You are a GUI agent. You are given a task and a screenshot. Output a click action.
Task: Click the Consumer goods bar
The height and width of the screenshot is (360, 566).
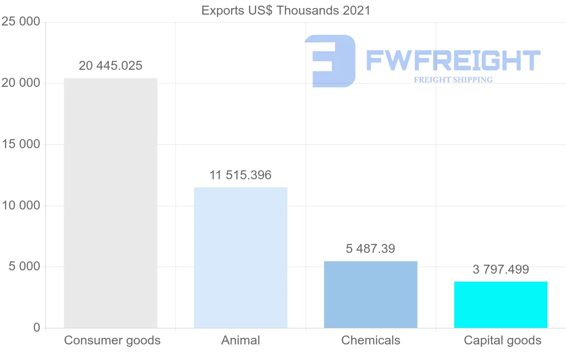click(x=110, y=203)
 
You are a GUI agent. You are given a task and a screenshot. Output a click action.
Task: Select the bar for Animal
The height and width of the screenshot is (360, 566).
click(x=241, y=258)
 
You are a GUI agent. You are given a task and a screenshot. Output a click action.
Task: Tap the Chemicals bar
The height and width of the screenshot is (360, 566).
click(x=371, y=294)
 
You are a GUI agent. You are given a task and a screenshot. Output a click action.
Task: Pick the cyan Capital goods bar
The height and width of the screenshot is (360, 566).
click(x=501, y=305)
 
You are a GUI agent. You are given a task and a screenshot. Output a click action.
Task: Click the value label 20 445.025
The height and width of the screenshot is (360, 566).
click(x=110, y=66)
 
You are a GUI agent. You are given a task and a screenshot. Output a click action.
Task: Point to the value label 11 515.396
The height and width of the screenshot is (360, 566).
click(x=241, y=176)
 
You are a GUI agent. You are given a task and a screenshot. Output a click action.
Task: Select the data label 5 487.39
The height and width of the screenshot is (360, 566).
click(x=371, y=249)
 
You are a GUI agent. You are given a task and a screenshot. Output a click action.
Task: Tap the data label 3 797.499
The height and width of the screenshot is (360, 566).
click(x=501, y=269)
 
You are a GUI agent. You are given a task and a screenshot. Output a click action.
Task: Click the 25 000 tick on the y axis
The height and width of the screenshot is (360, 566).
click(x=21, y=22)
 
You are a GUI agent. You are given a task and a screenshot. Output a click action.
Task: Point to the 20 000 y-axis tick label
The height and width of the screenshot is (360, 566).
click(x=21, y=84)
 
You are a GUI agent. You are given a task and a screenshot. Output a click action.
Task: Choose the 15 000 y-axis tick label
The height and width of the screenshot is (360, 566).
click(x=21, y=144)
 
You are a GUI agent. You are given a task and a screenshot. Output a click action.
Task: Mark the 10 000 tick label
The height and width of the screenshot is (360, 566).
click(x=21, y=206)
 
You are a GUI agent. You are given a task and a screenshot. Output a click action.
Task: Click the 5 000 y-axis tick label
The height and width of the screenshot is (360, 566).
click(x=24, y=267)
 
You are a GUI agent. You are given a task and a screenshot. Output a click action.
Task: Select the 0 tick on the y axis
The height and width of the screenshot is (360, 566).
click(x=37, y=328)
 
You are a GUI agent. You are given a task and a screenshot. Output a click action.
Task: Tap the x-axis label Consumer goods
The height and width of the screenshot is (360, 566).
click(x=112, y=340)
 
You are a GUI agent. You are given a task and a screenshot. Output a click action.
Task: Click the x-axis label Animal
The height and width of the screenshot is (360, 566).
click(x=241, y=340)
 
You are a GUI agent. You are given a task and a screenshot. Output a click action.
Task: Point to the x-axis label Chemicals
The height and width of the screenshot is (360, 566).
click(x=371, y=340)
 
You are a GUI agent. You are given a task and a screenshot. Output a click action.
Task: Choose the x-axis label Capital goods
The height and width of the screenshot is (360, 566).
click(x=503, y=340)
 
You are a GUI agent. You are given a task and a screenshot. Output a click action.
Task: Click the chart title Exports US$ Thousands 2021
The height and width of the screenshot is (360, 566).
click(x=286, y=10)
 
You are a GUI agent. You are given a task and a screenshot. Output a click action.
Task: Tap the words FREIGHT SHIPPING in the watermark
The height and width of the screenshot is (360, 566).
click(x=453, y=80)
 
